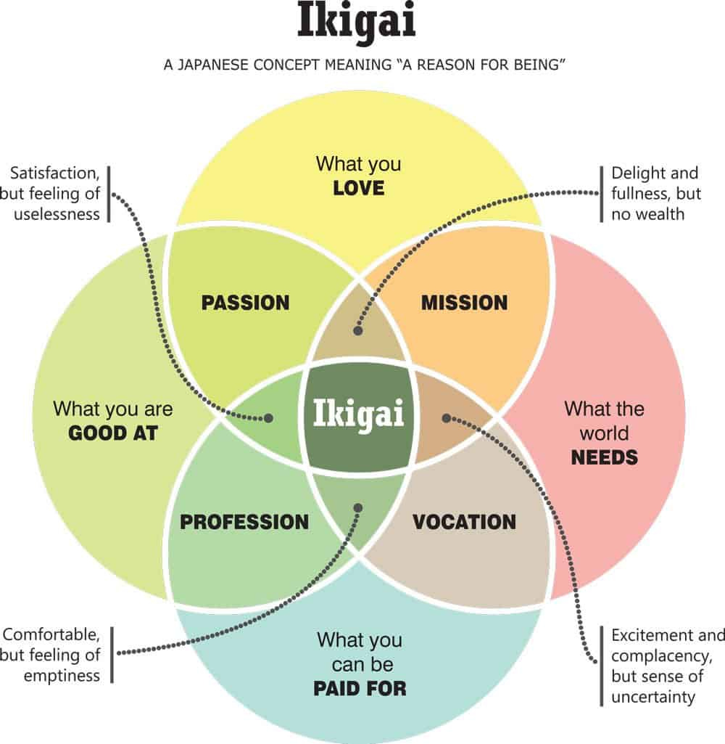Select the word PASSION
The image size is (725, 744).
point(246,303)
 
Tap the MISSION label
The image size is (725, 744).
point(464,303)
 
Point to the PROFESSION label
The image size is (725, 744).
point(244,522)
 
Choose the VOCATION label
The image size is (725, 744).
point(464,522)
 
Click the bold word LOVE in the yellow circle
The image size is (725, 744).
point(358,189)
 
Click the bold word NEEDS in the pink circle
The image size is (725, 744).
point(604,457)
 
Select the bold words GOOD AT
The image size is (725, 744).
point(113,434)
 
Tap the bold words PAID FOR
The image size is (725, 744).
point(360,688)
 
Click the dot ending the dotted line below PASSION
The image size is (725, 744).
point(268,419)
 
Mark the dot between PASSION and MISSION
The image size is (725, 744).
point(357,331)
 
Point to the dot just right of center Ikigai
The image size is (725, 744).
point(447,418)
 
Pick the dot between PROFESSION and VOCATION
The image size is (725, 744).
point(357,508)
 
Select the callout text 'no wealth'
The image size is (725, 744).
point(648,214)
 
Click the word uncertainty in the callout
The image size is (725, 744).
point(653,697)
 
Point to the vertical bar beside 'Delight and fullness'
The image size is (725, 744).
point(601,194)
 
